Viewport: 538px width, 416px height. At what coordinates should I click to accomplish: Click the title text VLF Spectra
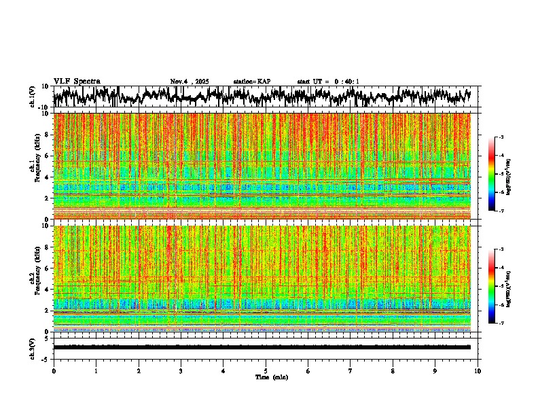coord(77,82)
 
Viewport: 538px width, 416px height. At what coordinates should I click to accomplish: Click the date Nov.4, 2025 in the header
coord(190,82)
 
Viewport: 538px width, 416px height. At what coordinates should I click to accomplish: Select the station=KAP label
coord(252,82)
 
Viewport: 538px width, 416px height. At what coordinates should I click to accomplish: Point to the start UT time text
coord(328,82)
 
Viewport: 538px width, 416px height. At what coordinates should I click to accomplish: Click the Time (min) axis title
coord(266,377)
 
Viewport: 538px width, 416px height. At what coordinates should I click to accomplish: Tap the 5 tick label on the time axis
coord(266,371)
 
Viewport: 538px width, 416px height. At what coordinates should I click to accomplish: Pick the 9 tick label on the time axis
coord(435,371)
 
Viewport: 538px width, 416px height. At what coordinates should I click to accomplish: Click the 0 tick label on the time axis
coord(54,371)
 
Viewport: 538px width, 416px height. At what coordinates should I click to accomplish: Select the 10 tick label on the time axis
coord(478,371)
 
